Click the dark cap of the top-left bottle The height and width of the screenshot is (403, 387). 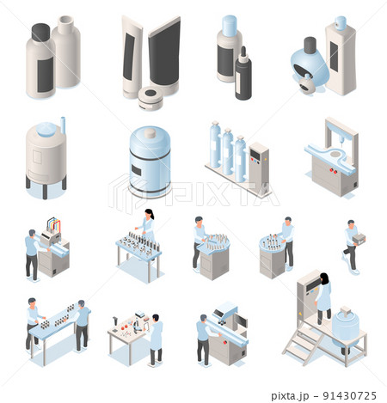point(41,32)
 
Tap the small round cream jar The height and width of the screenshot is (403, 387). point(150,98)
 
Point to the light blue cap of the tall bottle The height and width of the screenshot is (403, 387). point(230,26)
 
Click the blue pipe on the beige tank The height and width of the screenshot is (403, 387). point(63,125)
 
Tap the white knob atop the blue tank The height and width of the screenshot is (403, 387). point(150,133)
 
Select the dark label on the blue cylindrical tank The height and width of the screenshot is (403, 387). point(136,170)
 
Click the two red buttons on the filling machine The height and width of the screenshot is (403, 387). point(333,171)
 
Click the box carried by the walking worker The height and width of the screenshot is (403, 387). point(359,239)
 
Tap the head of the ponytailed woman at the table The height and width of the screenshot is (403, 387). point(149,213)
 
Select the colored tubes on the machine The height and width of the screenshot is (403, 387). point(53,225)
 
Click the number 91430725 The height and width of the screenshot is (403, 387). point(350,395)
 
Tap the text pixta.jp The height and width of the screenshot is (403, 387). point(290,396)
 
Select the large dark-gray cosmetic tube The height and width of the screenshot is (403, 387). point(164,54)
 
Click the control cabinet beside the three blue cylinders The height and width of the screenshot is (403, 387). point(259,166)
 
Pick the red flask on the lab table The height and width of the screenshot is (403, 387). point(125,327)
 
